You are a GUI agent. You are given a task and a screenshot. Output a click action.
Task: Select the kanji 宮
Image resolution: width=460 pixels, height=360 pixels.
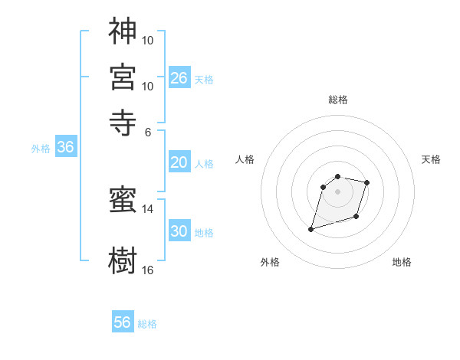pos(123,77)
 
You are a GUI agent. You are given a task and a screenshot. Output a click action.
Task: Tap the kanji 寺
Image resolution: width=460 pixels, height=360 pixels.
pos(123,122)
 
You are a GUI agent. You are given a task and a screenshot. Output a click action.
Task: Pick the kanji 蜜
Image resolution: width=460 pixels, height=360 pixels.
pos(123,201)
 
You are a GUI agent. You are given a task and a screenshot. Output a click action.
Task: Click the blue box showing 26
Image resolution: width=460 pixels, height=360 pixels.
pos(179,77)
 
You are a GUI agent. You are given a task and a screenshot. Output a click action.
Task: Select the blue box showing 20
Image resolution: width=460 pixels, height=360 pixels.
pos(179,162)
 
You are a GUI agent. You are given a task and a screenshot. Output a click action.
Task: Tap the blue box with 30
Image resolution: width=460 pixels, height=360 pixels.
pos(179,232)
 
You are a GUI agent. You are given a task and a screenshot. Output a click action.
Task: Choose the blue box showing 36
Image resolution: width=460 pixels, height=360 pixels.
pos(65,148)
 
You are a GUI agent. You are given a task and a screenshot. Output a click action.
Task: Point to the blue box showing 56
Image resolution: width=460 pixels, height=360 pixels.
pos(123,322)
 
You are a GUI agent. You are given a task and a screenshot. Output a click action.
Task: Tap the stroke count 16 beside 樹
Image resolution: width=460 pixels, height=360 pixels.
pos(148,270)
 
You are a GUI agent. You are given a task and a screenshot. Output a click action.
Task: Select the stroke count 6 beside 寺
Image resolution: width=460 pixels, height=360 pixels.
pos(148,131)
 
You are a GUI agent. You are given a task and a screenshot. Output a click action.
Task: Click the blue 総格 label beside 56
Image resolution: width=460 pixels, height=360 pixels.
pos(147,324)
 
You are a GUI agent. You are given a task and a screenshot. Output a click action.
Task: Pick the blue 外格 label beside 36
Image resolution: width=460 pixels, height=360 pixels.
pos(40,149)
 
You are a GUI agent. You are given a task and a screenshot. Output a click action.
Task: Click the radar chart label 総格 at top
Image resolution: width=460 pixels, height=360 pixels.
pos(337,100)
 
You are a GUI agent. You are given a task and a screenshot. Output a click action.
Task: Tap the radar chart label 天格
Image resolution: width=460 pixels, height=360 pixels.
pos(431,159)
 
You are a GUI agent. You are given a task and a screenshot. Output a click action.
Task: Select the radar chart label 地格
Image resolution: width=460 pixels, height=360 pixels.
pos(402,263)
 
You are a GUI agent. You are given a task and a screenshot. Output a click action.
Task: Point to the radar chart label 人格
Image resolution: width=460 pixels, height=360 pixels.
pos(245,159)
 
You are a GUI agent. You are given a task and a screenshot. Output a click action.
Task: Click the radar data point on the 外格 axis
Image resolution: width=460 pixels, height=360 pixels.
pos(311,229)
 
